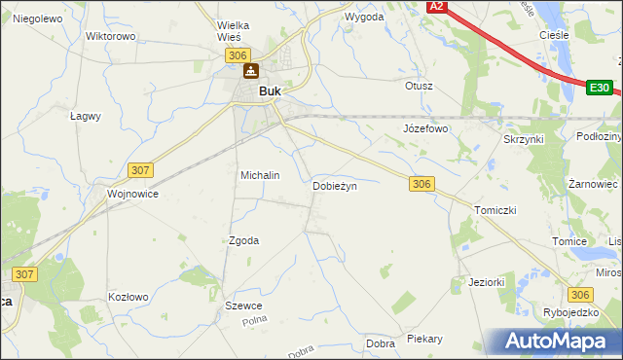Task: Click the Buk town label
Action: tap(270, 92)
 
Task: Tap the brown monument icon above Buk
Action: tap(251, 71)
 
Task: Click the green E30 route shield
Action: tap(600, 88)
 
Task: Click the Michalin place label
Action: tap(260, 175)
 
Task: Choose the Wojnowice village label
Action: tap(133, 194)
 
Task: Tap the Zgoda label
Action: tap(243, 240)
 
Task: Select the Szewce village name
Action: tap(243, 306)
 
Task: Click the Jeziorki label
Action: tap(486, 282)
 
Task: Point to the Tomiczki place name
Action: tap(495, 210)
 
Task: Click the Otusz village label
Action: tap(419, 86)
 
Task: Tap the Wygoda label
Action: tap(364, 18)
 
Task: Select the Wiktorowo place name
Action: tap(110, 36)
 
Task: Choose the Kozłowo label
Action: tap(128, 297)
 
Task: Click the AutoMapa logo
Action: tap(559, 342)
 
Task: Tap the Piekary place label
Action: tap(425, 339)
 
